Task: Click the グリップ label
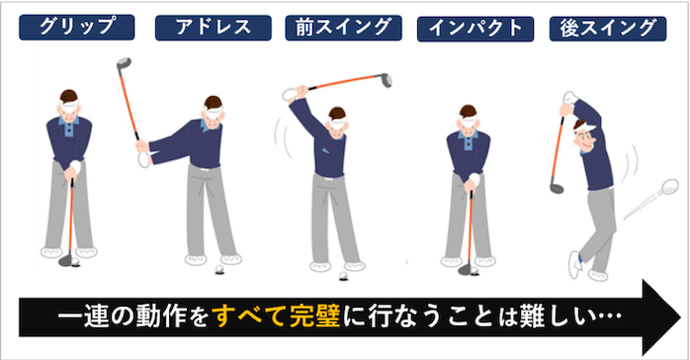tap(76, 28)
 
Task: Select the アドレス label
tap(214, 28)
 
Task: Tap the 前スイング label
tap(344, 28)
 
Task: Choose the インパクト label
tap(475, 29)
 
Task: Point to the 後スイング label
tap(608, 29)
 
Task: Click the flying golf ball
tap(670, 186)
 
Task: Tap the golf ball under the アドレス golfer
tap(219, 269)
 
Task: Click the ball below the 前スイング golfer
tap(343, 276)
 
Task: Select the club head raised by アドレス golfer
tap(124, 63)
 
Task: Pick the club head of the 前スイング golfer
tap(386, 80)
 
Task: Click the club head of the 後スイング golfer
tap(557, 188)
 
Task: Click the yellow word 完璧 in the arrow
tap(314, 316)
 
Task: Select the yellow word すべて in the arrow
tap(249, 316)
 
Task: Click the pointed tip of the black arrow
tap(681, 316)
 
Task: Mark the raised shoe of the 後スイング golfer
tap(574, 264)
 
